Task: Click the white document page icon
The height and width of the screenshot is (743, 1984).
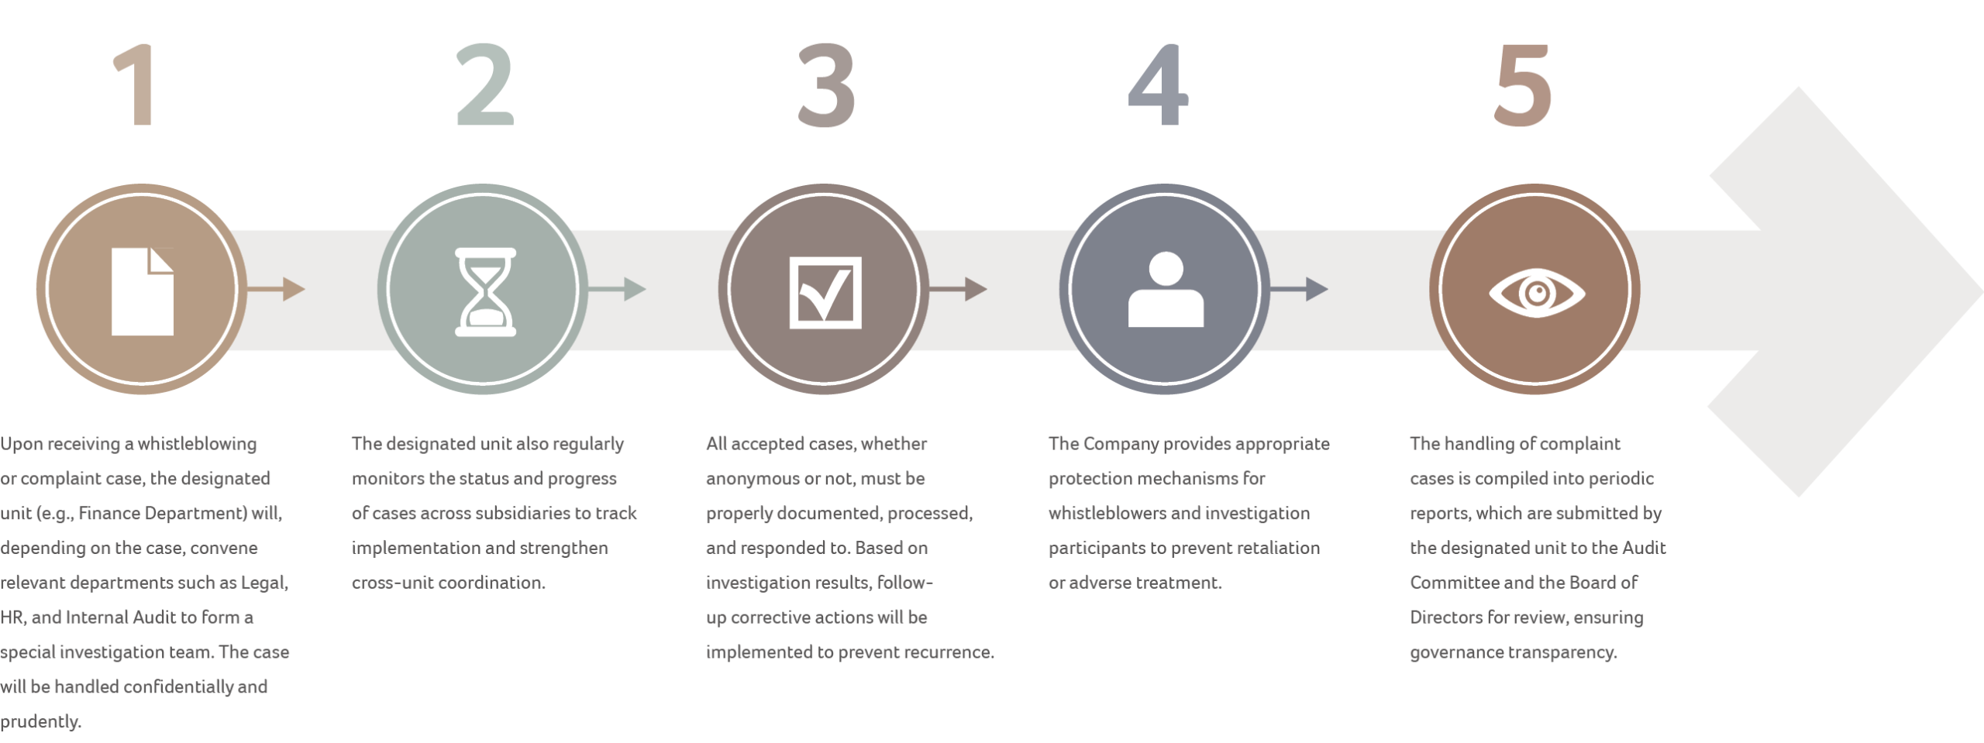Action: coord(142,291)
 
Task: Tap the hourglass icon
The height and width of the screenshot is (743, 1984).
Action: coord(485,291)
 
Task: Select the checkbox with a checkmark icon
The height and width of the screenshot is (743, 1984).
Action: coord(825,291)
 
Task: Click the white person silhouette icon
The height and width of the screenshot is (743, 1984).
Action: coord(1166,291)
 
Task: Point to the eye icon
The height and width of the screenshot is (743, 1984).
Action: coord(1536,292)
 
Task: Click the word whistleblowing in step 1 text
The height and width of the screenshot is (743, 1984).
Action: coord(197,444)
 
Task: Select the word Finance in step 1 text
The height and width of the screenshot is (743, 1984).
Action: coord(109,514)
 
